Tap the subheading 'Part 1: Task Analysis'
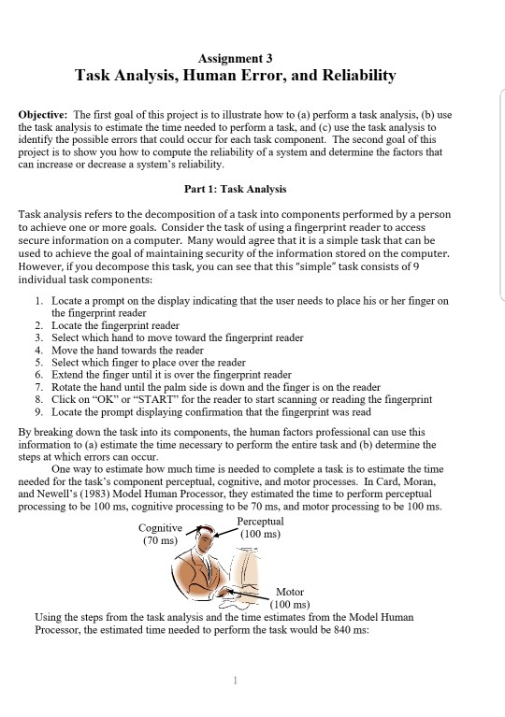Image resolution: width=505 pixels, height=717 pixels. pyautogui.click(x=235, y=189)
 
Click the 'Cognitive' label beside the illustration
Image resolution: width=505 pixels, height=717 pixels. pyautogui.click(x=161, y=527)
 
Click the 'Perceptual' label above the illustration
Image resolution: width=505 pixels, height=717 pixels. pyautogui.click(x=260, y=521)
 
